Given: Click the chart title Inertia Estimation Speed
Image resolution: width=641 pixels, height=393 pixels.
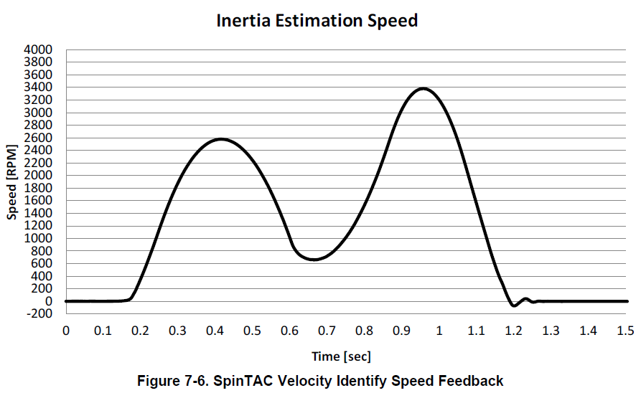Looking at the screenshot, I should (x=317, y=21).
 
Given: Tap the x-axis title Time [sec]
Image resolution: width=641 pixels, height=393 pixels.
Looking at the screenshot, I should (x=341, y=356).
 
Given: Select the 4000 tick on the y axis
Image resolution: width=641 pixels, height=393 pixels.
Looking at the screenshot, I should (x=39, y=49).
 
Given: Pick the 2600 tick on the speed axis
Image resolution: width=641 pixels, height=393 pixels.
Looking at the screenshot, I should (x=39, y=138).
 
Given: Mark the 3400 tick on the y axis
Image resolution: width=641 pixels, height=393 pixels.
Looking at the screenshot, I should (x=39, y=87).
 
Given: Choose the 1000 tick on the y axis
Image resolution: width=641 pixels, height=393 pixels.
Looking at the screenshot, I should (x=39, y=238).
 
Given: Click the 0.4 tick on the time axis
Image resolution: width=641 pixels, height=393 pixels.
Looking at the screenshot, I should (x=215, y=330).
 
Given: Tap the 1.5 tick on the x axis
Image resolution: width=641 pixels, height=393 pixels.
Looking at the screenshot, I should (x=625, y=330).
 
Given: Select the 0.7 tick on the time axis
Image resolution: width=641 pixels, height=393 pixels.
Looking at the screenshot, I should (x=327, y=330).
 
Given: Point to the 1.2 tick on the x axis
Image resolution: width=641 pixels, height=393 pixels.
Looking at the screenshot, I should (x=513, y=330).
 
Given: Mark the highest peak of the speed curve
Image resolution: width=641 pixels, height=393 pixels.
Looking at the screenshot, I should (x=424, y=89).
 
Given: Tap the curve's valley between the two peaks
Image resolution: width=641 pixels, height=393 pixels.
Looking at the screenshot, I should (x=314, y=259).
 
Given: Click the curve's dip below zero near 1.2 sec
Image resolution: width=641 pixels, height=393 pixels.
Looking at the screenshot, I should (x=514, y=306).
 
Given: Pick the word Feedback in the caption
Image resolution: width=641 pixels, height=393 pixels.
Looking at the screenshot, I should (x=474, y=381).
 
